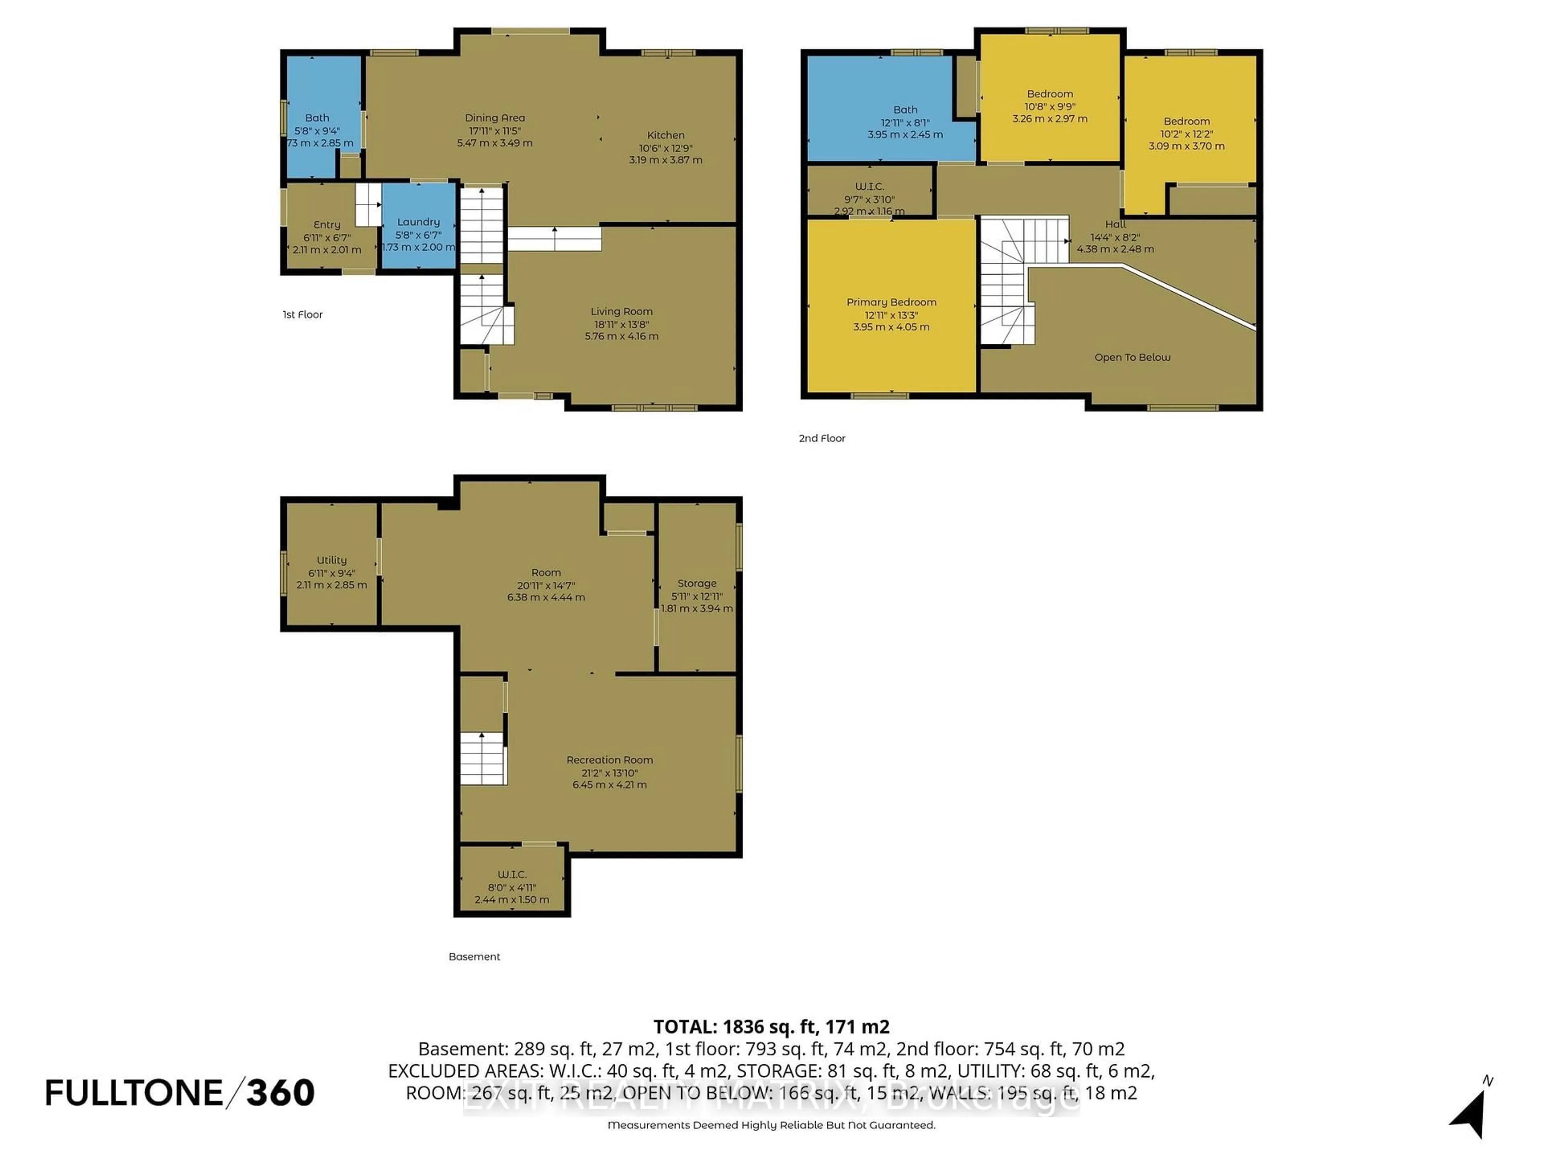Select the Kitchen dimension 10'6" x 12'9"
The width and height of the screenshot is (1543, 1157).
(x=665, y=148)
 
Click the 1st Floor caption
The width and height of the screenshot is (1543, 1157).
(x=302, y=315)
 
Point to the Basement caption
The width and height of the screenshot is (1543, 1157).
(x=474, y=956)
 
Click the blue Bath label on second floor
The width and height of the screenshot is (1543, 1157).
(x=905, y=110)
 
